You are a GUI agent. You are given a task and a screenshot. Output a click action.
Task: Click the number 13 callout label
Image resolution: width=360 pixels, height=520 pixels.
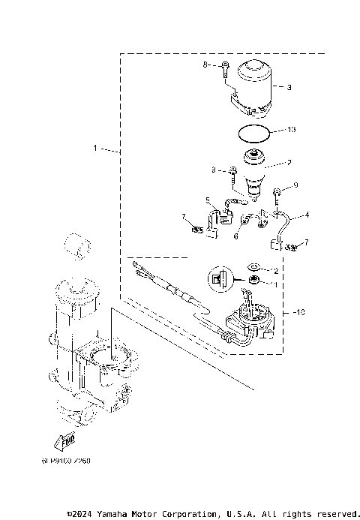pos(291,130)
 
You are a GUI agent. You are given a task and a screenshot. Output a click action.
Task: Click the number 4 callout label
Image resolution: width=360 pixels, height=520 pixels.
pos(306,215)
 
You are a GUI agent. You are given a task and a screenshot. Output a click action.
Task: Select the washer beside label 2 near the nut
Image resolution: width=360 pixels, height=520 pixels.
pos(254,266)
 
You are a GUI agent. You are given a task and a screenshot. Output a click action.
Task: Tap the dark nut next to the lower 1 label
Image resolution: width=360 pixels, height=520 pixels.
pos(255,281)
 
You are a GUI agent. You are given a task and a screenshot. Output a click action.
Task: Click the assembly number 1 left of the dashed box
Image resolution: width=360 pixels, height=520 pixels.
pos(95,149)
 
